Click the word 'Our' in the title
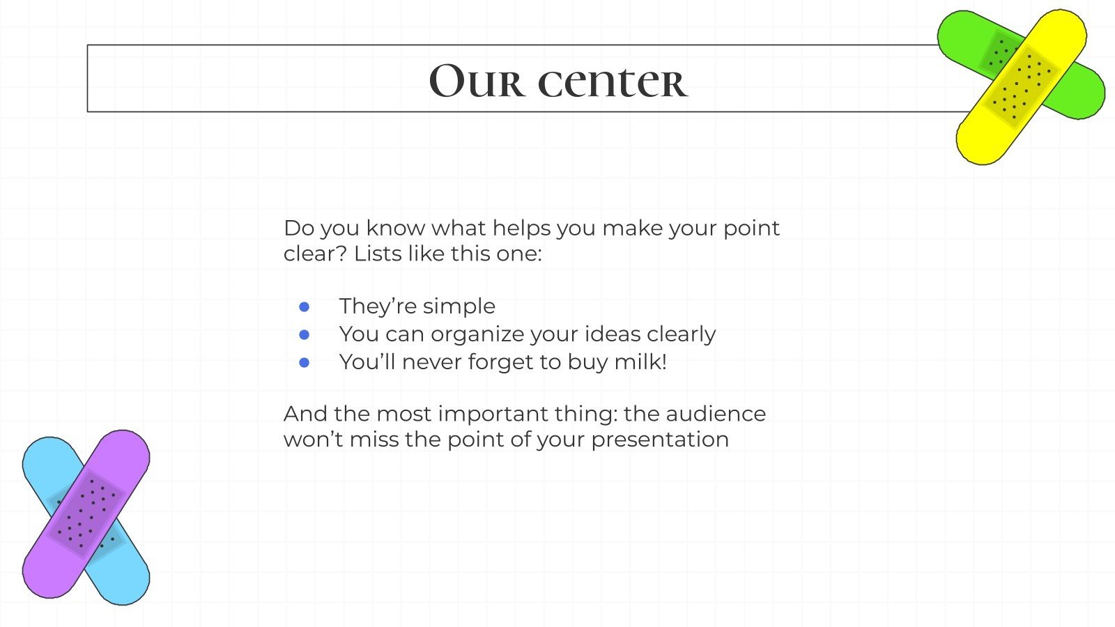(x=475, y=81)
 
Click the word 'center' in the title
(x=613, y=81)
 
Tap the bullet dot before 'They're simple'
(x=305, y=307)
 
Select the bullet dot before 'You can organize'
(x=305, y=334)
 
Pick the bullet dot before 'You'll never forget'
(x=305, y=362)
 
